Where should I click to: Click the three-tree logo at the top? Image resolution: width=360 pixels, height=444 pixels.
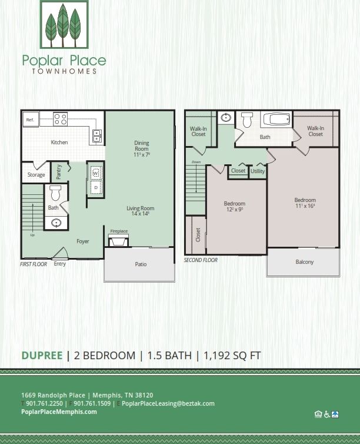[x=64, y=25]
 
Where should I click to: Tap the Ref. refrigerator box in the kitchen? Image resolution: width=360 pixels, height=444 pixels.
[x=30, y=120]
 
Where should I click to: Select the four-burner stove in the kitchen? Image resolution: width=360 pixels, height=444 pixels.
[x=61, y=119]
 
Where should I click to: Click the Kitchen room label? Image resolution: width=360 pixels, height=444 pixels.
[x=59, y=143]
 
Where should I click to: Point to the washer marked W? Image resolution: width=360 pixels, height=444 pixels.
[x=95, y=174]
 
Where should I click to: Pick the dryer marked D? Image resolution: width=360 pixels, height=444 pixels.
[x=95, y=188]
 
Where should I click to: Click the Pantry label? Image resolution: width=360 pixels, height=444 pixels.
[x=59, y=172]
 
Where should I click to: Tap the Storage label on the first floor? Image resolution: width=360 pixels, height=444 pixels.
[x=36, y=175]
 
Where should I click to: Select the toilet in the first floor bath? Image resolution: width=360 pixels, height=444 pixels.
[x=55, y=193]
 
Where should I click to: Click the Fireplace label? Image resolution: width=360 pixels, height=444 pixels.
[x=119, y=231]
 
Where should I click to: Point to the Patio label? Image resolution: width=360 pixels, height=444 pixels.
[x=141, y=264]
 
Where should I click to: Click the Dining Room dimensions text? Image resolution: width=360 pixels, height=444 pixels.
[x=142, y=155]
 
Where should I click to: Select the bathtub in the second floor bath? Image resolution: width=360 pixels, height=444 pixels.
[x=276, y=120]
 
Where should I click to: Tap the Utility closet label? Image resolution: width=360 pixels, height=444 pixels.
[x=258, y=171]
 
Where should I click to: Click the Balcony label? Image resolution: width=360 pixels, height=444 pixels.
[x=304, y=262]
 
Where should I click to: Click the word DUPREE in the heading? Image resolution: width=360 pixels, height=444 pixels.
[x=42, y=355]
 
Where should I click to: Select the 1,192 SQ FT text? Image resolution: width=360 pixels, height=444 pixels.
[x=232, y=355]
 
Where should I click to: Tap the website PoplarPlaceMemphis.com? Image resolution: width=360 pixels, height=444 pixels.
[x=59, y=412]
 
